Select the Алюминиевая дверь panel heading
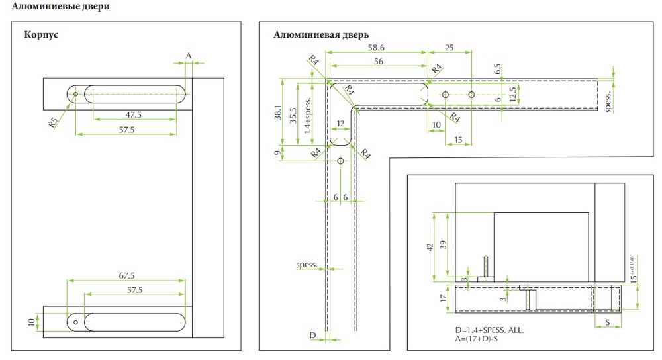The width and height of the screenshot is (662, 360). pos(321,35)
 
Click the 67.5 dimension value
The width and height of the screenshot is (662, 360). pos(126,275)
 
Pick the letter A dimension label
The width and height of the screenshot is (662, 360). pos(188,55)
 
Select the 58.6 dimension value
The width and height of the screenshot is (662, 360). pos(377,48)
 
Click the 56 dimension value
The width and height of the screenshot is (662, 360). pos(377,61)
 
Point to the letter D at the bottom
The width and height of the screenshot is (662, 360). pos(312,336)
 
